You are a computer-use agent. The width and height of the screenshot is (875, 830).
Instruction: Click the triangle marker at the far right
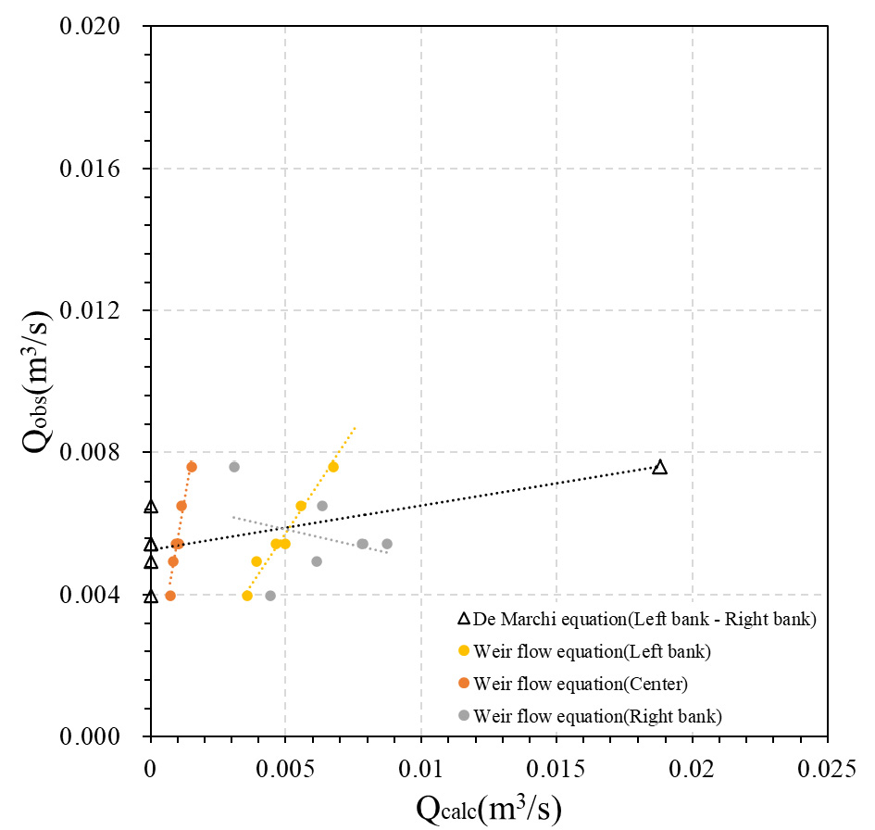click(x=659, y=467)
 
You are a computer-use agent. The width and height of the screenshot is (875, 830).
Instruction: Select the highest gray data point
click(x=234, y=467)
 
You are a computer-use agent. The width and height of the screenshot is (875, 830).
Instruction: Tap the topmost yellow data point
click(x=333, y=467)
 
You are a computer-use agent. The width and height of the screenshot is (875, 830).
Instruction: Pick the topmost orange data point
click(x=192, y=467)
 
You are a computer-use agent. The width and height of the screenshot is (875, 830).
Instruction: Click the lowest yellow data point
click(x=247, y=596)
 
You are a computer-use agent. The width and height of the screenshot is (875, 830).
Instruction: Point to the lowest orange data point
click(x=170, y=596)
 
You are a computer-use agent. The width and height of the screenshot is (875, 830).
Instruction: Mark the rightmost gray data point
click(x=387, y=544)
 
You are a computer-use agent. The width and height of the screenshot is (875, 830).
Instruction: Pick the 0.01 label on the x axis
click(x=420, y=768)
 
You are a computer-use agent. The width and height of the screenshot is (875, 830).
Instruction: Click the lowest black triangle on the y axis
click(x=151, y=596)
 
